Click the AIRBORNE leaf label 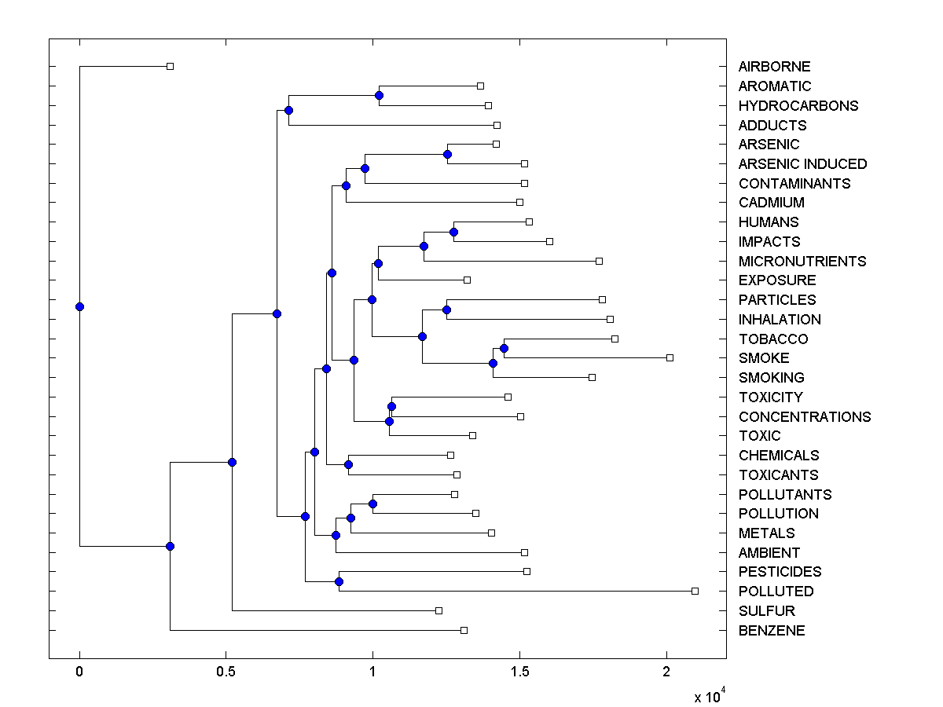click(774, 67)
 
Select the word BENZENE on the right click(772, 631)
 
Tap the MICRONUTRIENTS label click(802, 262)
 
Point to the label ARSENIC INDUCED click(802, 164)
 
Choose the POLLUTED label click(776, 592)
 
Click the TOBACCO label click(773, 339)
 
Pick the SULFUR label click(766, 611)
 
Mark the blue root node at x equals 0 click(79, 306)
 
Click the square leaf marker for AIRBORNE click(170, 67)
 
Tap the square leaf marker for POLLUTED click(695, 591)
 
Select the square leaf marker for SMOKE click(670, 357)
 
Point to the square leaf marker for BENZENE click(464, 630)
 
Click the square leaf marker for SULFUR click(438, 610)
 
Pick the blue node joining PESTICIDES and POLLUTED click(339, 581)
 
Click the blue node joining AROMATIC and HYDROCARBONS click(379, 95)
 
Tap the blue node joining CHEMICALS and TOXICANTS click(348, 464)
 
